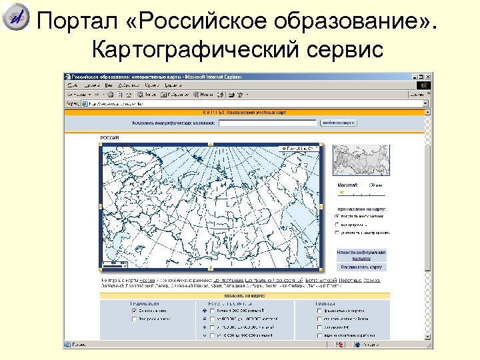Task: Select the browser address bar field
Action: [253, 104]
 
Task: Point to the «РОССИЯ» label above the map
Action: [109, 137]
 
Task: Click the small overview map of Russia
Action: [359, 161]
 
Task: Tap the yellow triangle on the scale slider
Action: [342, 193]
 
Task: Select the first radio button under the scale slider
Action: [336, 216]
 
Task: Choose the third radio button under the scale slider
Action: [336, 233]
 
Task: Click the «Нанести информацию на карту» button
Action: [361, 255]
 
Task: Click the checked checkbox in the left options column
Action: [135, 311]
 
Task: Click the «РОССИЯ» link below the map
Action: [147, 281]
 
